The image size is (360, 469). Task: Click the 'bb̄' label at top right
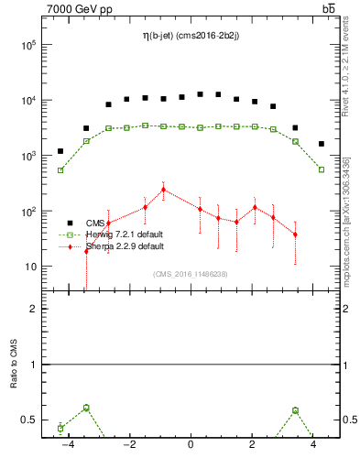pos(328,9)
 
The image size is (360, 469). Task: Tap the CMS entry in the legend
pos(95,223)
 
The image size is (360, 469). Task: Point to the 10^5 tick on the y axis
pos(27,45)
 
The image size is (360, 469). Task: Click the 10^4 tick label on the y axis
pos(27,101)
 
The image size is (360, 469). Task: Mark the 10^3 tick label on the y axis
pos(27,156)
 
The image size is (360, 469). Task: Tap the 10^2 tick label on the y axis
pos(27,212)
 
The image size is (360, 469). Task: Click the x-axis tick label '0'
pos(191,446)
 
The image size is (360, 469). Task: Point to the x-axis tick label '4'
pos(313,446)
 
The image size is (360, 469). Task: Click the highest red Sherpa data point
pos(163,190)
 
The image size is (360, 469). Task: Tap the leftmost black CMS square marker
pos(60,151)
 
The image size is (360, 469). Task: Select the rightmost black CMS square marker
pos(321,144)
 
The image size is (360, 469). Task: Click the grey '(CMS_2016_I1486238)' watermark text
pos(190,274)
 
